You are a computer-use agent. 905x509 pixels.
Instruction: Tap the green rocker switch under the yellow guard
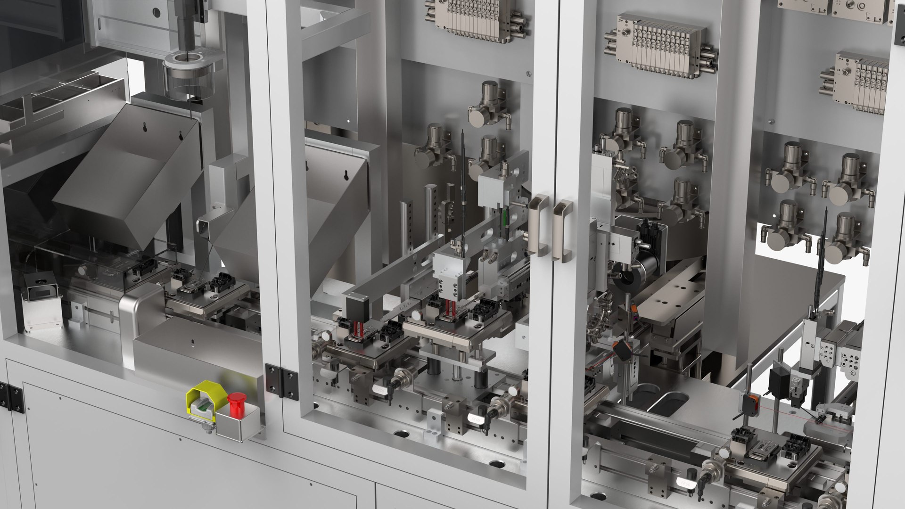pyautogui.click(x=203, y=406)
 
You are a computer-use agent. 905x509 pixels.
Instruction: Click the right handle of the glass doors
pyautogui.click(x=562, y=230)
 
